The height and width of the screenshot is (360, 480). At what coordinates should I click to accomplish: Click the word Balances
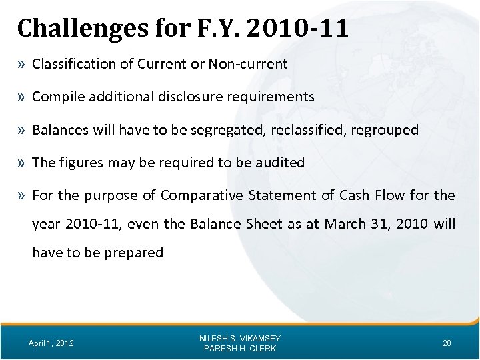coord(58,129)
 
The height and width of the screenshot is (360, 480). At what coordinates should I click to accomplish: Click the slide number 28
coord(447,343)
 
